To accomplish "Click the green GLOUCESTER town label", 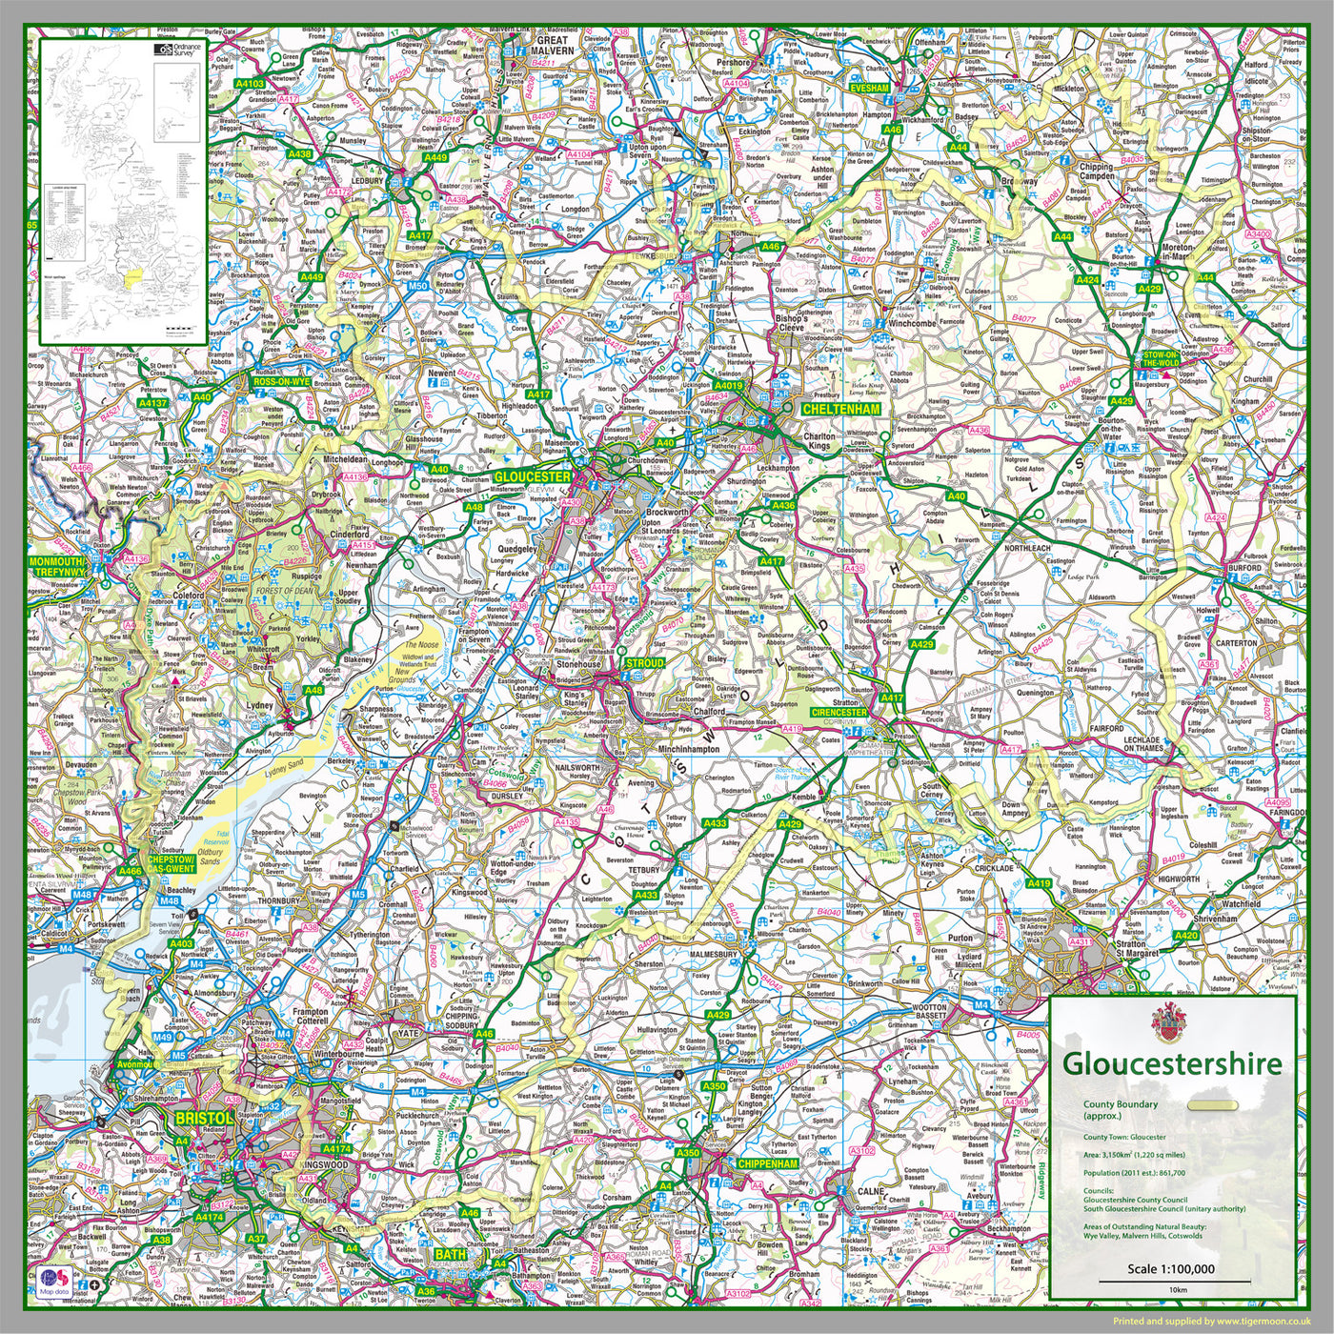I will pos(533,476).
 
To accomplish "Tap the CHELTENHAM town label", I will pos(840,409).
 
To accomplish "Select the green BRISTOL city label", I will pos(203,1118).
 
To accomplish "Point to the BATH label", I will pos(451,1255).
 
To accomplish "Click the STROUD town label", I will pos(644,662).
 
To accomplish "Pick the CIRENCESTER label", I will pos(839,712).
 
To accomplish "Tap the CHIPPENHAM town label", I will pos(767,1163).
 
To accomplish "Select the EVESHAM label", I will pos(869,88).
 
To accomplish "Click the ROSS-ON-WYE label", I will pos(281,381).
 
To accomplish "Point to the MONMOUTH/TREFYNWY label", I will pos(58,567).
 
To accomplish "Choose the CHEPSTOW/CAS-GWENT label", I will pos(172,863).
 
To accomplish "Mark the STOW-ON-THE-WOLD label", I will pos(1161,358).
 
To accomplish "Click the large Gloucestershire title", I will pos(1172,1063).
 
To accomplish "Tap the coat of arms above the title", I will pos(1163,1022).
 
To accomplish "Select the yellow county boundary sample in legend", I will pos(1213,1105).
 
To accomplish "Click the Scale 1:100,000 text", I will pos(1170,1268).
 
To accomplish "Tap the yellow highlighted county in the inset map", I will pos(133,276).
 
